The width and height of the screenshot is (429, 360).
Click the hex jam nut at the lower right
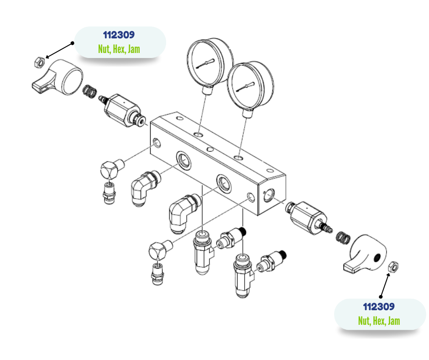click(x=393, y=266)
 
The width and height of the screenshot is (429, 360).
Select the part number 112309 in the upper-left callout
click(x=119, y=35)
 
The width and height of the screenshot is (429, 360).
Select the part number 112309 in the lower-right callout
click(x=379, y=307)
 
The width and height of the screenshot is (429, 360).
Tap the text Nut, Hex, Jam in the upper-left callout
click(x=119, y=49)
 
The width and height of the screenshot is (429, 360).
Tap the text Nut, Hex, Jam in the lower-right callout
click(x=379, y=321)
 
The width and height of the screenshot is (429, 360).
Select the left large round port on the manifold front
click(x=184, y=159)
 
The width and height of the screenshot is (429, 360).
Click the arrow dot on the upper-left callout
click(x=72, y=43)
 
